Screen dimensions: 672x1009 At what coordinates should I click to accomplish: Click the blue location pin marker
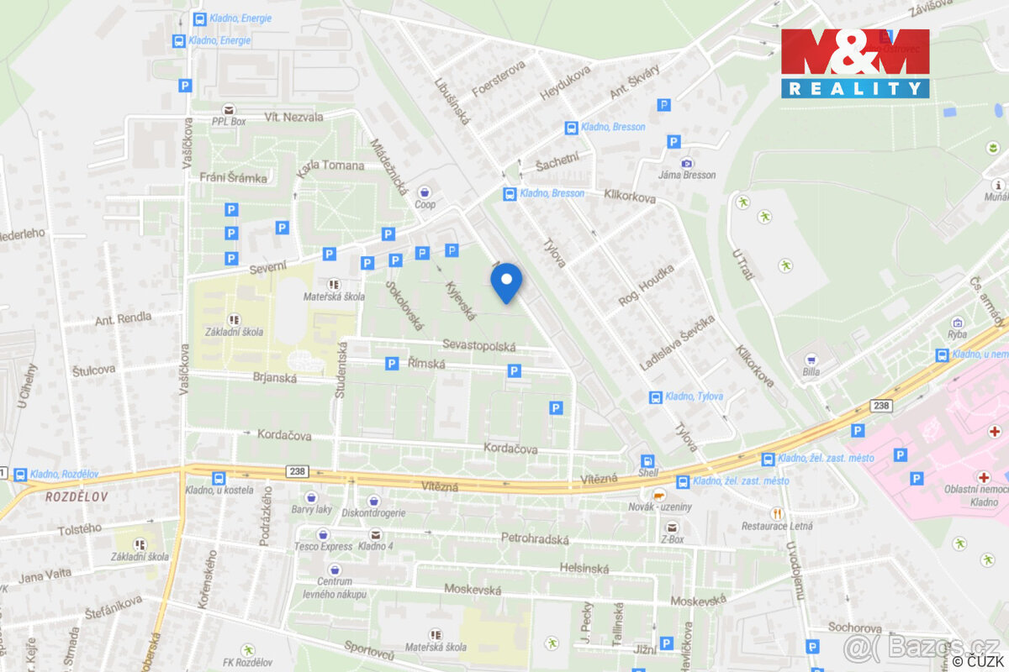pos(506,282)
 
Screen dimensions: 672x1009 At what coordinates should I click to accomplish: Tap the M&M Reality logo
pos(854,63)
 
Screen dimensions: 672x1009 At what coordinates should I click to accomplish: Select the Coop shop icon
pos(425,192)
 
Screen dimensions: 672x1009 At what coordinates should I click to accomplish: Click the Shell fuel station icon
pos(647,461)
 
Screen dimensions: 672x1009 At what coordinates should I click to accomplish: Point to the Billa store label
pos(811,374)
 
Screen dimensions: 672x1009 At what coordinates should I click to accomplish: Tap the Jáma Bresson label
pos(687,175)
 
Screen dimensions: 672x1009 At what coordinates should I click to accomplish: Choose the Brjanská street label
pos(274,378)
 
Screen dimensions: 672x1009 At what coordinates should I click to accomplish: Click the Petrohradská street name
pos(535,538)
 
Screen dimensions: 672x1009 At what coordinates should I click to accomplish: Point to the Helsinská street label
pos(584,569)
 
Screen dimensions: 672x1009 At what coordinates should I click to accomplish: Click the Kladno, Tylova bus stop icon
pos(655,396)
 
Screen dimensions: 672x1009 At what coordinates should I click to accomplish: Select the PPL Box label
pos(229,121)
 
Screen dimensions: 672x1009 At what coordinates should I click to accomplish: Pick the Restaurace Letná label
pos(776,527)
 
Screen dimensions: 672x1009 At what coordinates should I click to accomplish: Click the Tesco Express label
pos(323,546)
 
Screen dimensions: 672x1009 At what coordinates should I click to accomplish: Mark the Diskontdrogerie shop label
pos(374,513)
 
